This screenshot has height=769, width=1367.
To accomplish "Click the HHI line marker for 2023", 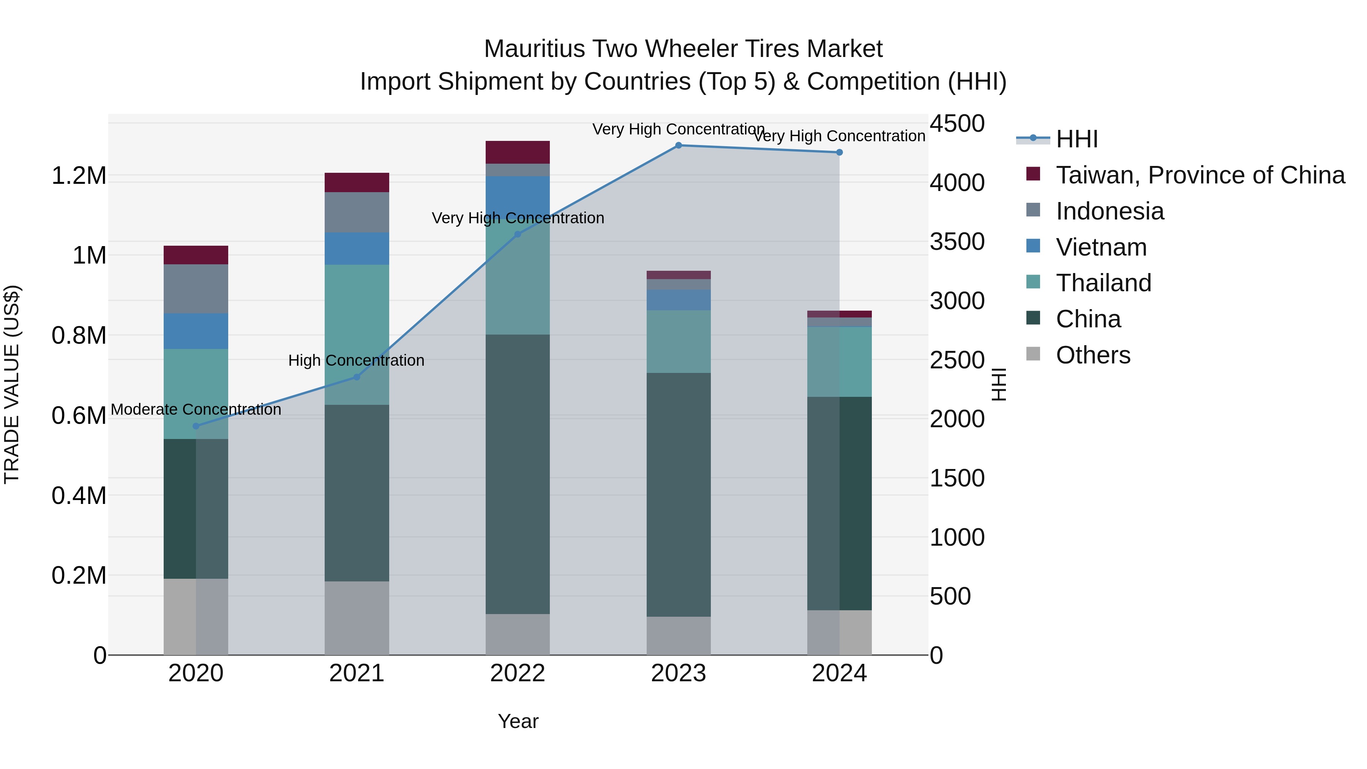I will pos(678,145).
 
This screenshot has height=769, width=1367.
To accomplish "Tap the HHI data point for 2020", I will pos(196,426).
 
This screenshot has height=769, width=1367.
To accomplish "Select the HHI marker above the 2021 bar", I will pos(357,377).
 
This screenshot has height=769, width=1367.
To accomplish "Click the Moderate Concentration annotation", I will pos(196,410).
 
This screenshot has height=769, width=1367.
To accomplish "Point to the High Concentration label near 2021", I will pos(356,361).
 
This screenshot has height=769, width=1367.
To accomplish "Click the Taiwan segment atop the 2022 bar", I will pos(518,152).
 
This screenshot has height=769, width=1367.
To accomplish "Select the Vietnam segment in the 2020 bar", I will pos(196,331).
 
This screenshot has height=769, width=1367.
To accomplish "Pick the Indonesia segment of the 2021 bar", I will pos(357,212).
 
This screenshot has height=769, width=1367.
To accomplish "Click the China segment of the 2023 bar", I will pos(678,494).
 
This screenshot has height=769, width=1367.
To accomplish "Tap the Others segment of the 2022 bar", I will pos(518,635).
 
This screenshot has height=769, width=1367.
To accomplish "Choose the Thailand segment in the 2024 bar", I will pos(839,362).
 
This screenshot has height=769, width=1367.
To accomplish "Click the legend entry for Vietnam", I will pos(1101,247).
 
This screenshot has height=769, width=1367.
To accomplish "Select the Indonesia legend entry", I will pos(1110,211).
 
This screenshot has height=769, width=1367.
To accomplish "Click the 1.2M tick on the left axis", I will pos(79,176).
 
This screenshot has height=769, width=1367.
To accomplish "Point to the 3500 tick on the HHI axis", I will pos(957,242).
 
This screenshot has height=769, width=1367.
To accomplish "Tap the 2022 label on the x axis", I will pos(518,673).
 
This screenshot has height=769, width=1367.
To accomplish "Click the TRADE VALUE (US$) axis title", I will pos(12,384).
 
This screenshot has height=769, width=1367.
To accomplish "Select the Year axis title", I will pos(518,721).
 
